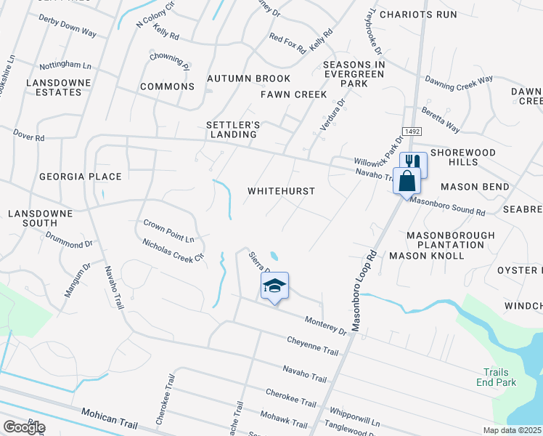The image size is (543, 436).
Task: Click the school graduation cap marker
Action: coord(275,286)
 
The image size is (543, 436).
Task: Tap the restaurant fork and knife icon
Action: coord(413,162)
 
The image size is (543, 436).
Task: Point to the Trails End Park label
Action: coord(497,376)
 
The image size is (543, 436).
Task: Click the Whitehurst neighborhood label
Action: coord(281,191)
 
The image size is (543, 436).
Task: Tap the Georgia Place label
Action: coord(76,177)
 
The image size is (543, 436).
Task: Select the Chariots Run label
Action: coord(418,14)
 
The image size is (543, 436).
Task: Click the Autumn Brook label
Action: coord(248,78)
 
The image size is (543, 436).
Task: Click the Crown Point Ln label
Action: coord(169,230)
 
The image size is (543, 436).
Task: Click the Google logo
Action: coord(24,427)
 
